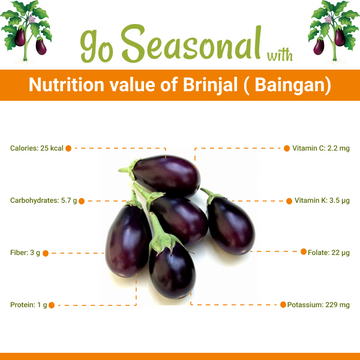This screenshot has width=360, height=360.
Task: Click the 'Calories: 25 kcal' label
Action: pos(37,148)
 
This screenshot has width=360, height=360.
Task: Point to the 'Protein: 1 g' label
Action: pos(30,304)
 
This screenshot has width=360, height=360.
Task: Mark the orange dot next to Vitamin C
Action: pos(279,148)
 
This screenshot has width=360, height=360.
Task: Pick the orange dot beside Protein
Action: pos(54,304)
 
